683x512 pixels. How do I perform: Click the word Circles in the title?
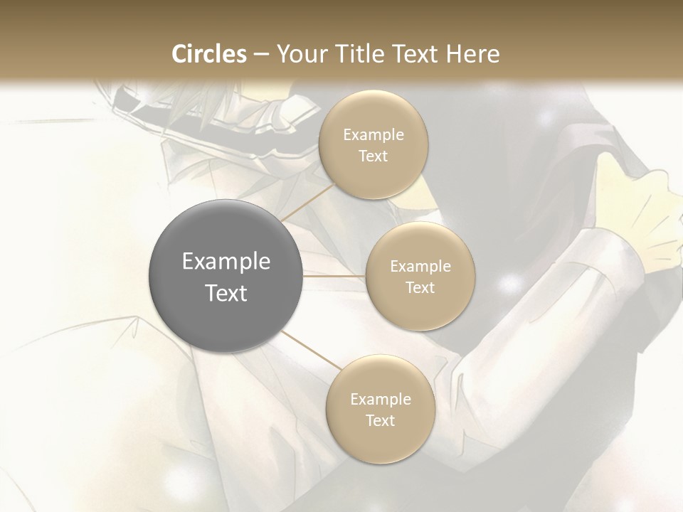[x=208, y=54]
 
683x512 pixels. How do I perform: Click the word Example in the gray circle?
[x=226, y=262]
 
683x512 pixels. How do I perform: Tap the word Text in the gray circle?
[x=226, y=293]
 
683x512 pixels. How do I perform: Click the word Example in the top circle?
[x=373, y=135]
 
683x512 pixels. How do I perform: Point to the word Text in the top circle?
[x=373, y=156]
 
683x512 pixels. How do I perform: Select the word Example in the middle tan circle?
[x=420, y=267]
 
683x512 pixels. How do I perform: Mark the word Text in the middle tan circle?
[x=420, y=288]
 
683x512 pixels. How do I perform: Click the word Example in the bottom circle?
[x=380, y=400]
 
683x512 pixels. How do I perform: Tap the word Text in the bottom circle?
[x=380, y=421]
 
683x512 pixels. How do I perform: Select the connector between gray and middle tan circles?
[x=334, y=275]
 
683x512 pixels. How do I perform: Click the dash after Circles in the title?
[x=261, y=55]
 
